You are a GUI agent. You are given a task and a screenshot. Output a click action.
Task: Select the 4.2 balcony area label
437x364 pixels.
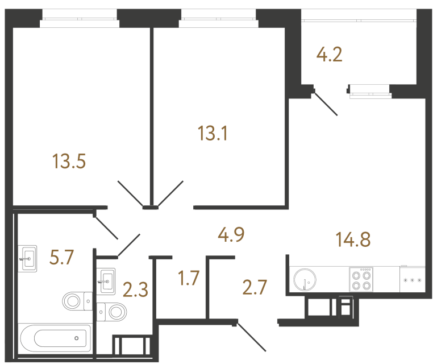329,56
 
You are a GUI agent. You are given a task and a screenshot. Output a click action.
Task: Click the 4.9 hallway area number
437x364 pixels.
231,234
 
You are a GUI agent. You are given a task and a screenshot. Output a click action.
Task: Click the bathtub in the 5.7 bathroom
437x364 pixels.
55,338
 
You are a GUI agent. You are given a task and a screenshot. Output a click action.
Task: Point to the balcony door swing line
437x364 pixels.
326,104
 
